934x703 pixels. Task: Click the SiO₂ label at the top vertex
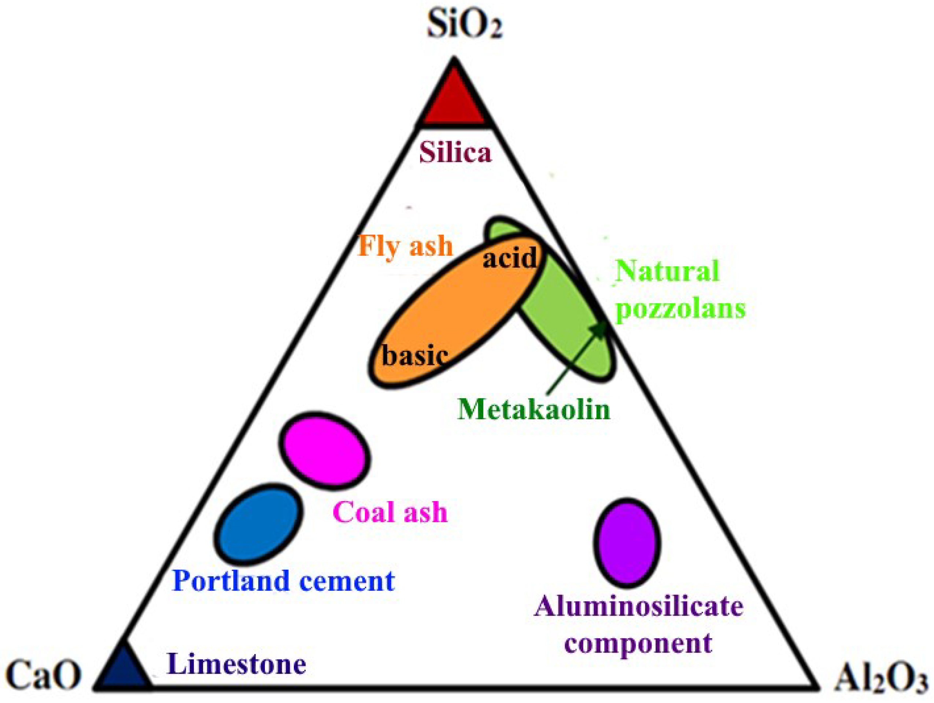point(465,25)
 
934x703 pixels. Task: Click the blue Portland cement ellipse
point(258,524)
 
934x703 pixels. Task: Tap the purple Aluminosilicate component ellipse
point(627,543)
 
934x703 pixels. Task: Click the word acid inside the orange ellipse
point(510,258)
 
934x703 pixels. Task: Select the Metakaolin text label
point(534,409)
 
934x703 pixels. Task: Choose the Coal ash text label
point(390,512)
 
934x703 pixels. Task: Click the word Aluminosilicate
point(638,607)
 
